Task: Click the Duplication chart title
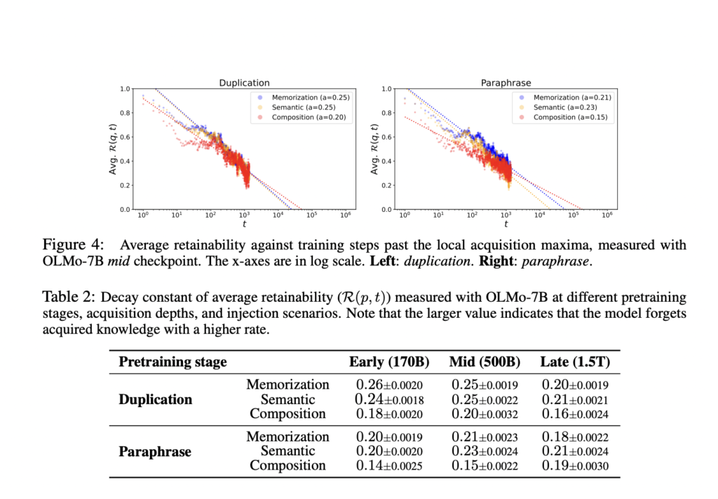click(x=245, y=83)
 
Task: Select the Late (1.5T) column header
click(x=575, y=362)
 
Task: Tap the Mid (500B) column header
click(x=485, y=362)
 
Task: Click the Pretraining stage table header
click(x=172, y=362)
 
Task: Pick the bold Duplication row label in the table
click(x=155, y=399)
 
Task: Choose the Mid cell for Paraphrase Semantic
click(x=485, y=451)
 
